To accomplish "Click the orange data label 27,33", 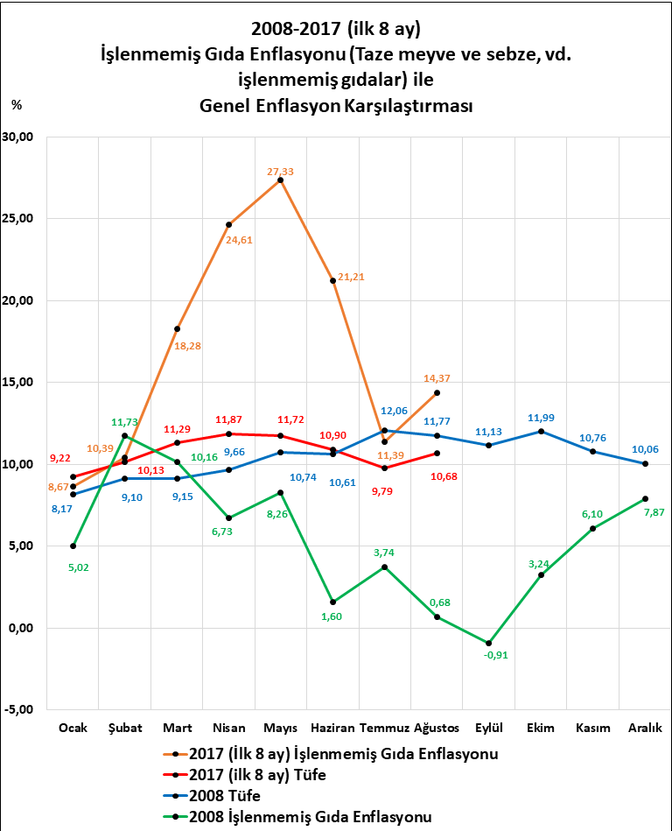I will coord(281,172).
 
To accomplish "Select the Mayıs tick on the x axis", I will coord(281,728).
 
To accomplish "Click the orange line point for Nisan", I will coord(228,224).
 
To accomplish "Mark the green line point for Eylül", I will coord(489,643).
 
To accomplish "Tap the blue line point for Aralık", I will coord(645,463).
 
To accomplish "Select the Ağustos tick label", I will coord(437,728).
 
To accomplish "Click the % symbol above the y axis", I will coord(16,104).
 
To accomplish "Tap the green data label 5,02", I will coord(79,567).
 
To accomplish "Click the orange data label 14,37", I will coord(437,378).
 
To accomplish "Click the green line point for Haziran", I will coord(333,602).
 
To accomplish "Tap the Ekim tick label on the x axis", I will coord(540,728).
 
